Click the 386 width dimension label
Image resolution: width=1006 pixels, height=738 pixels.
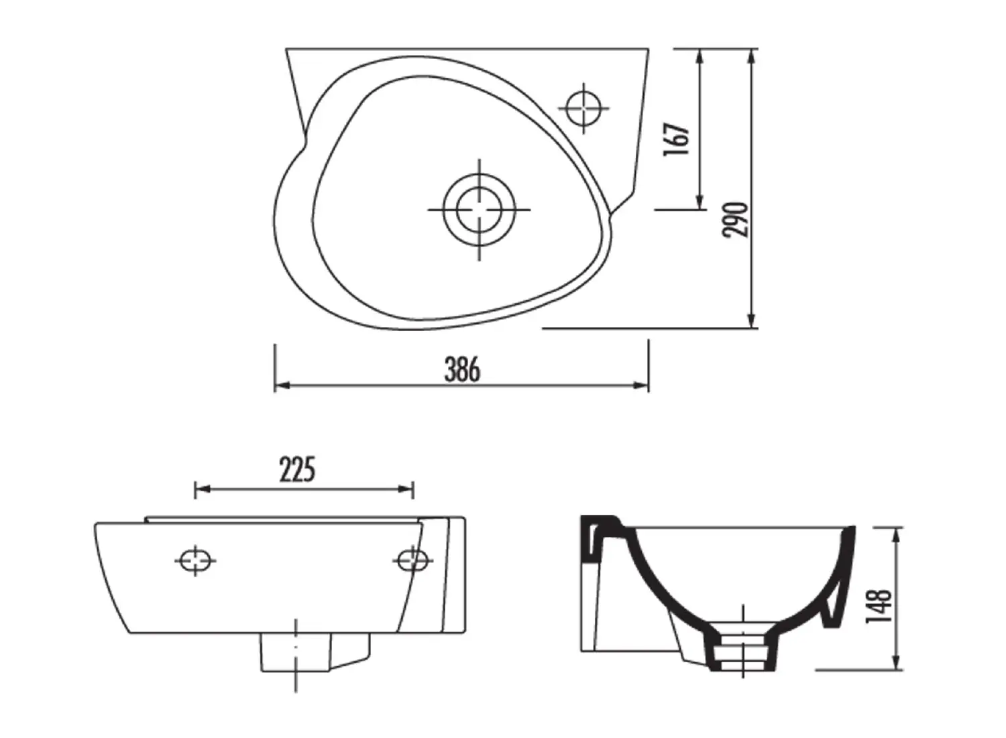[x=462, y=369]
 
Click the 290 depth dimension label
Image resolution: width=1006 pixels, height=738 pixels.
[x=735, y=219]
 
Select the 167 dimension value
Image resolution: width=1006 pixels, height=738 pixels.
[x=676, y=139]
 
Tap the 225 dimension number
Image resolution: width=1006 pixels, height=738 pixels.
[x=297, y=471]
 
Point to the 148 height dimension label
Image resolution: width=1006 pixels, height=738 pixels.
[x=878, y=606]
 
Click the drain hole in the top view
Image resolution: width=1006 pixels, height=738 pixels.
[x=479, y=210]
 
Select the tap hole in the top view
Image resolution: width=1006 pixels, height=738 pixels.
[x=583, y=107]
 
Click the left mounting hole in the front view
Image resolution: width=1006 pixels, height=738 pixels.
[x=195, y=560]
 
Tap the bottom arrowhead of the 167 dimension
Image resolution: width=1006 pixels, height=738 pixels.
[x=700, y=202]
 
